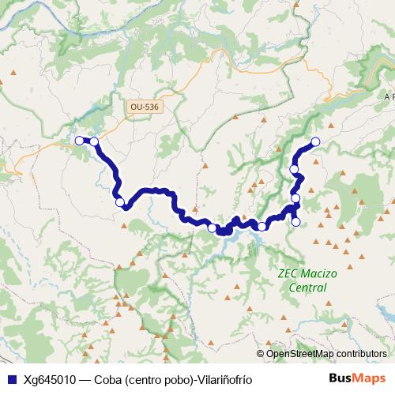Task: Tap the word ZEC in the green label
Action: pyautogui.click(x=289, y=275)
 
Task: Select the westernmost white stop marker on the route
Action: pyautogui.click(x=79, y=141)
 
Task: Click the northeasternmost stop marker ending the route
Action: pyautogui.click(x=315, y=141)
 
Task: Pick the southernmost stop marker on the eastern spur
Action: pyautogui.click(x=295, y=222)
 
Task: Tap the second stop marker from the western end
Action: pyautogui.click(x=94, y=141)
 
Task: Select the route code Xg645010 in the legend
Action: pyautogui.click(x=49, y=378)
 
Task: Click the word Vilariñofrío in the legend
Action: pyautogui.click(x=223, y=378)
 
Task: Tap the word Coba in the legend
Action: pyautogui.click(x=108, y=378)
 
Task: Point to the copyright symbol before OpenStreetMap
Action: pyautogui.click(x=260, y=354)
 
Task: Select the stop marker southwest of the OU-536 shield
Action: pyautogui.click(x=120, y=202)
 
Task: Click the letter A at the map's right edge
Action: pyautogui.click(x=388, y=96)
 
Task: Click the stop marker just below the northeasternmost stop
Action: pyautogui.click(x=295, y=169)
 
